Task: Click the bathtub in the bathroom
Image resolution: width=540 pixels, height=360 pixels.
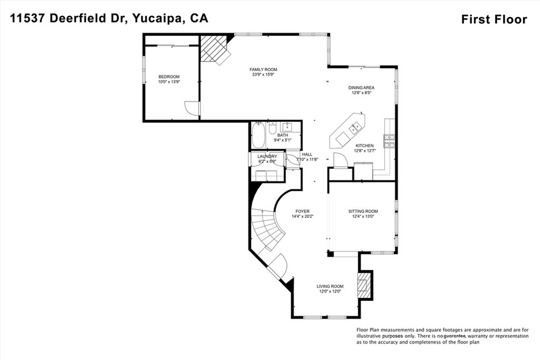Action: [x=258, y=135]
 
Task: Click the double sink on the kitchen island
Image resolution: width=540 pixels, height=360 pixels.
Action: [x=353, y=127]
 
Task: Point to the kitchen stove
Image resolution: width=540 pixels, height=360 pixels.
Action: [x=390, y=140]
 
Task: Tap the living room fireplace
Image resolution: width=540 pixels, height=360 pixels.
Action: [x=364, y=285]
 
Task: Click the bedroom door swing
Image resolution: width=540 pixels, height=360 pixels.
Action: [x=192, y=108]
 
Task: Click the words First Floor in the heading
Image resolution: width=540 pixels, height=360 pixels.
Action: [x=494, y=20]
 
